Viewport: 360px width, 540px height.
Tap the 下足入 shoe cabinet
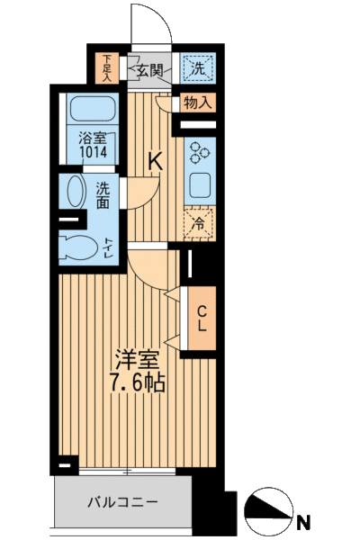[x=107, y=67]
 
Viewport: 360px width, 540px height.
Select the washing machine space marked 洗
[x=198, y=68]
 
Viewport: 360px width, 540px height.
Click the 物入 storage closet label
[x=197, y=103]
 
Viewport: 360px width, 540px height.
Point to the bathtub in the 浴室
[x=92, y=108]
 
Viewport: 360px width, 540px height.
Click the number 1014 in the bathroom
[x=93, y=151]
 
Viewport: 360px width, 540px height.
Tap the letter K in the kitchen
[x=156, y=161]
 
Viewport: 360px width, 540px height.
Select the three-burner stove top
[x=200, y=151]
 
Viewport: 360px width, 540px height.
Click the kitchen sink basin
[x=200, y=185]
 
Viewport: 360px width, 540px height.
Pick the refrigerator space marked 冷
[x=200, y=223]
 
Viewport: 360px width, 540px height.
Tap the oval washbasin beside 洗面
[x=76, y=191]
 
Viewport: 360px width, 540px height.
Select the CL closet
[x=202, y=319]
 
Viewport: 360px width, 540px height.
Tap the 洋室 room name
[x=138, y=359]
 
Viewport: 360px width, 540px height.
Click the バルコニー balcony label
[x=122, y=502]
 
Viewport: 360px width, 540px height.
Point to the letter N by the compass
[x=303, y=522]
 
